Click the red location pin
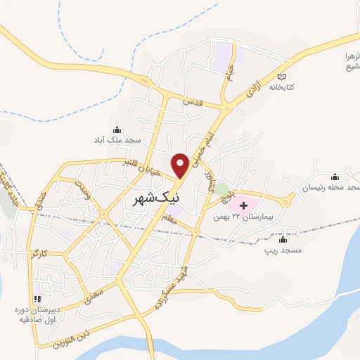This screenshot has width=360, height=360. coord(181,164)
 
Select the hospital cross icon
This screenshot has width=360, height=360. coord(244,205)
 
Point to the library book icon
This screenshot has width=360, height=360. coord(283,76)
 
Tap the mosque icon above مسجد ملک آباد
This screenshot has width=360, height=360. coord(117,129)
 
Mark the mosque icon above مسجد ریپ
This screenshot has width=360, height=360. coord(285,238)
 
